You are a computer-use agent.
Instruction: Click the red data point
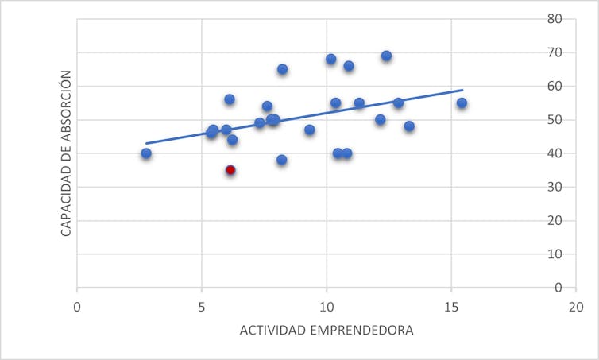230,170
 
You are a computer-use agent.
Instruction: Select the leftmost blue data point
146,153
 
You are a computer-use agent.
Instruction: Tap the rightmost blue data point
462,103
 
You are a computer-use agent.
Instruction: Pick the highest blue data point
386,56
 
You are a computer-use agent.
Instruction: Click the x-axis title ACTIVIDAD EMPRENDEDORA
327,330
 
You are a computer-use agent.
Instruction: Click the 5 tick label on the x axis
202,306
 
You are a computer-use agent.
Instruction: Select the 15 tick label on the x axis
451,306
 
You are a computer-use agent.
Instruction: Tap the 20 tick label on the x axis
576,306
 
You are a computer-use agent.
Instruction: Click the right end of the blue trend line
462,90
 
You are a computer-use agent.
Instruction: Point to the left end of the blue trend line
146,144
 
